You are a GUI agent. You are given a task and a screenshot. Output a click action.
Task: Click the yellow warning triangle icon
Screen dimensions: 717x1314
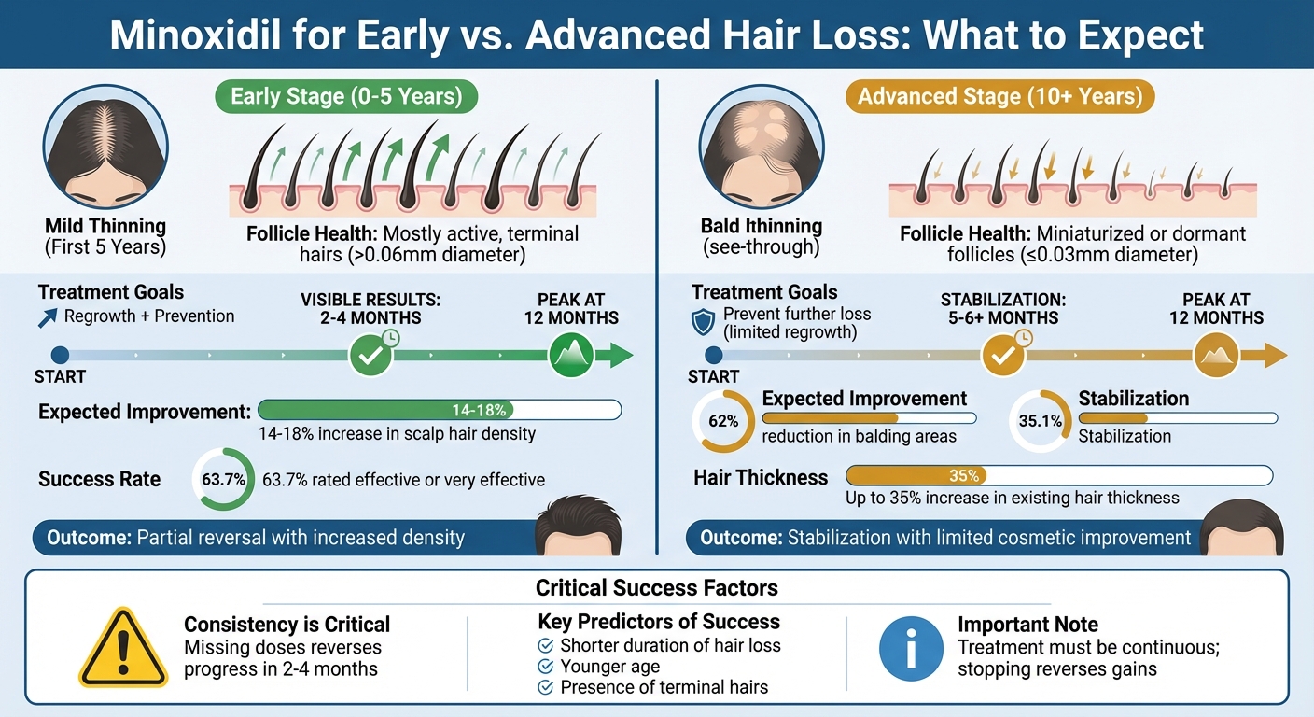click(x=123, y=649)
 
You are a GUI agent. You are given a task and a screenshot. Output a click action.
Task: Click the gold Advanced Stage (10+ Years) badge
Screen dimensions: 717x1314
click(x=999, y=97)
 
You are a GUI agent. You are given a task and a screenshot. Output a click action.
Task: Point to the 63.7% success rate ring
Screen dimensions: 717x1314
click(x=223, y=480)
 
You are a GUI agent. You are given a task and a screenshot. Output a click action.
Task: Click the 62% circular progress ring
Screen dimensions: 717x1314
click(x=723, y=421)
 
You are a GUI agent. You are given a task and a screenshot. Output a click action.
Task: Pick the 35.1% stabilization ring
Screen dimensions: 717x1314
click(x=1041, y=421)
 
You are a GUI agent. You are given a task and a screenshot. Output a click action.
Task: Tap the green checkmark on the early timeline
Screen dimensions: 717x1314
click(x=370, y=355)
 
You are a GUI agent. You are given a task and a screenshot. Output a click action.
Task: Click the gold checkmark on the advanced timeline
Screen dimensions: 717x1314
click(x=1003, y=355)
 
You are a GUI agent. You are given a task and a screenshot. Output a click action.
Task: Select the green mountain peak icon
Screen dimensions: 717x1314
click(x=570, y=355)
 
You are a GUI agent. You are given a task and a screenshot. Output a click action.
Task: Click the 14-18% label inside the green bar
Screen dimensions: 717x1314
click(x=479, y=410)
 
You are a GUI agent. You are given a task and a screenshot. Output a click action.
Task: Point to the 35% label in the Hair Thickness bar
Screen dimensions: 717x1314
click(x=963, y=476)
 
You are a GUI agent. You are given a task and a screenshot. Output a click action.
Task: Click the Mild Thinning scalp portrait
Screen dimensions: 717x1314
click(x=105, y=149)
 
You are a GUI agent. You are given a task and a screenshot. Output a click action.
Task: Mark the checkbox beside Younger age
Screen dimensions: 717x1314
click(x=546, y=667)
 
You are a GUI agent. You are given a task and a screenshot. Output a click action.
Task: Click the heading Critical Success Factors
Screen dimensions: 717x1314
click(x=656, y=588)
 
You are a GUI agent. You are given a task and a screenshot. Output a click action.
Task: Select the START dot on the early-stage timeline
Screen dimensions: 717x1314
click(x=61, y=355)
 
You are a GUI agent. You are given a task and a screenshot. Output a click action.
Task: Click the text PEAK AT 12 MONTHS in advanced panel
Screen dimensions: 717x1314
click(x=1216, y=308)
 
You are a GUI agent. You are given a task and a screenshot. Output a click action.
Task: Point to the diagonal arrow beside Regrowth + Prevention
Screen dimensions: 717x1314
click(x=49, y=317)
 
